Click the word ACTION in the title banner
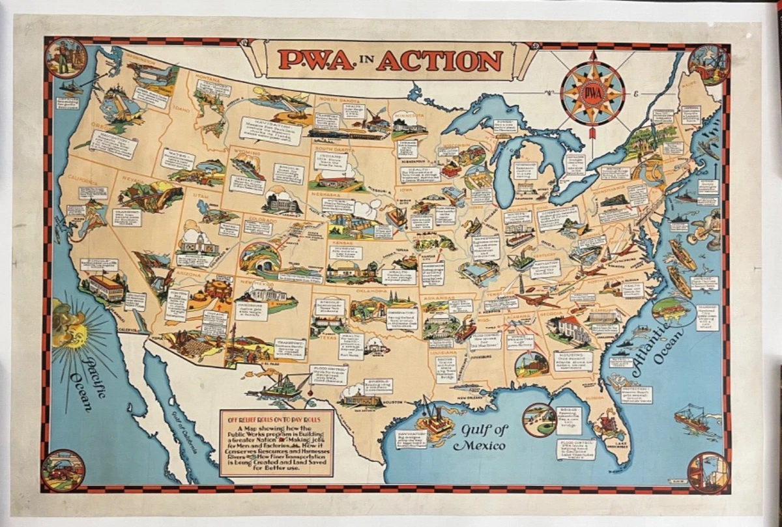tap(439, 61)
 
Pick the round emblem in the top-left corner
tap(66, 58)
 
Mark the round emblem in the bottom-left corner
tap(63, 470)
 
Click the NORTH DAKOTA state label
tap(338, 99)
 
